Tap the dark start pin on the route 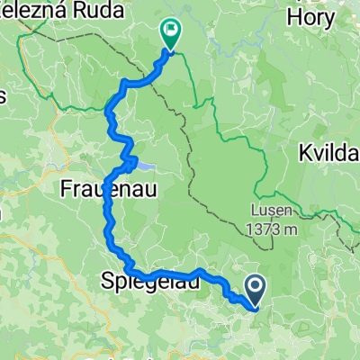(255, 290)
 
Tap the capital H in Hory (292, 17)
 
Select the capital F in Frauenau (66, 189)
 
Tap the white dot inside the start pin (255, 287)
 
